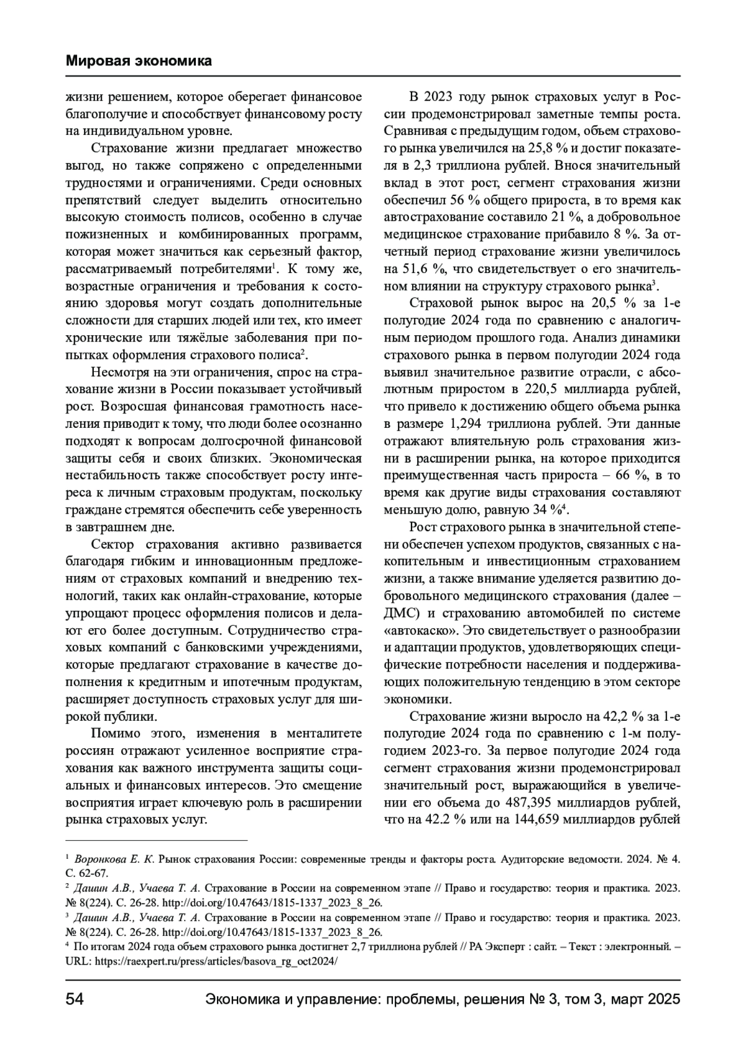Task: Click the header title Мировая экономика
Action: click(x=139, y=61)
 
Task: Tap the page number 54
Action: click(x=75, y=999)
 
